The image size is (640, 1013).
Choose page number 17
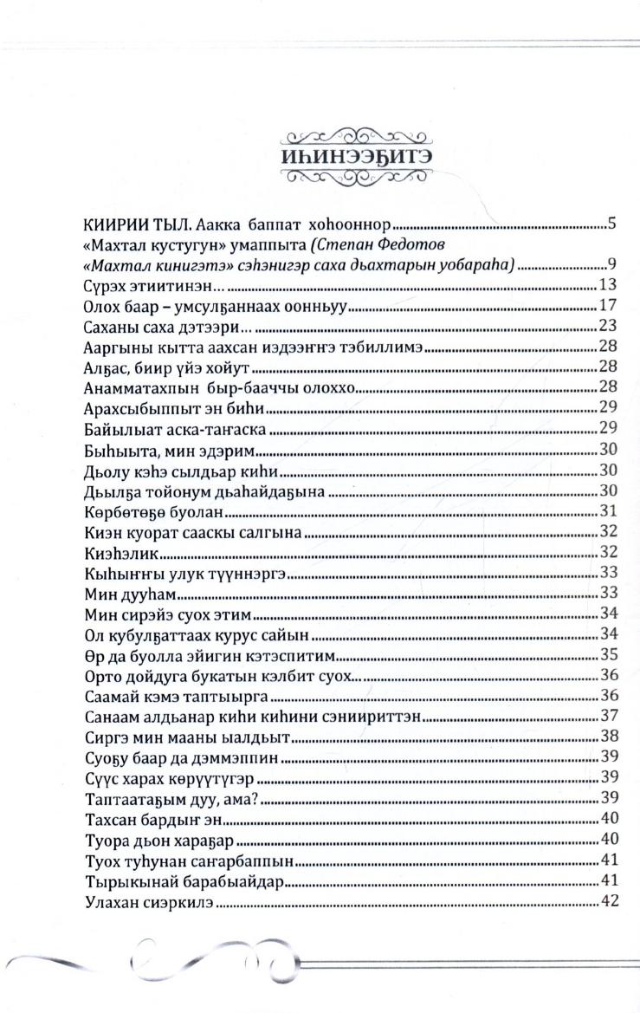(607, 306)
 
